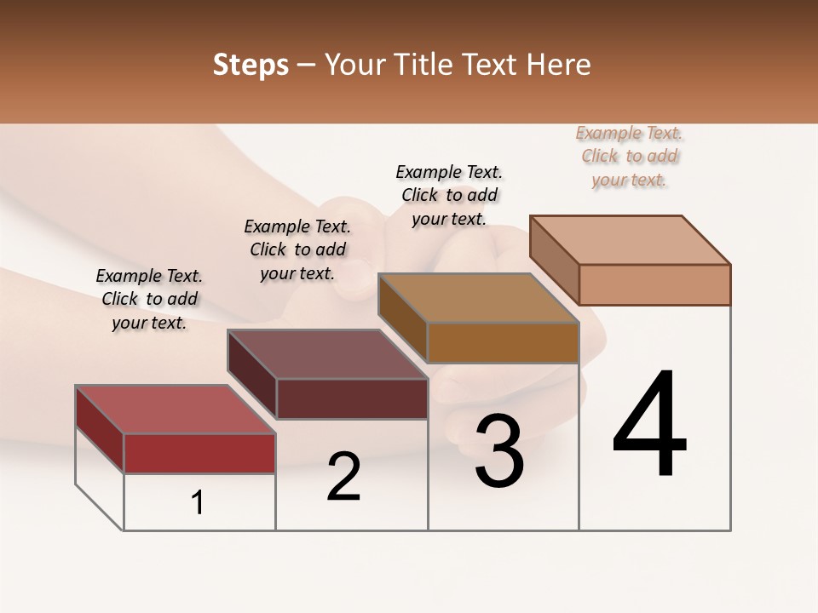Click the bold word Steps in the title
pyautogui.click(x=251, y=65)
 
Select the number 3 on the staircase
pyautogui.click(x=498, y=452)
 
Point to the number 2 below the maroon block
pyautogui.click(x=343, y=477)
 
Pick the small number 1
pyautogui.click(x=198, y=503)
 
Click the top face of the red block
pyautogui.click(x=175, y=409)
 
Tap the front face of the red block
pyautogui.click(x=199, y=453)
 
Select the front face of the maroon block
pyautogui.click(x=352, y=398)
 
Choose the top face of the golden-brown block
pyautogui.click(x=478, y=298)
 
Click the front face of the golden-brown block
pyautogui.click(x=503, y=342)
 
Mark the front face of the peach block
pyautogui.click(x=654, y=284)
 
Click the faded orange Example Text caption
pyautogui.click(x=629, y=156)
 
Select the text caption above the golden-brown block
pyautogui.click(x=449, y=195)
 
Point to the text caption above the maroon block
pyautogui.click(x=297, y=249)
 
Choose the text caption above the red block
pyautogui.click(x=149, y=299)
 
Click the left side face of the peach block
pyautogui.click(x=554, y=260)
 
